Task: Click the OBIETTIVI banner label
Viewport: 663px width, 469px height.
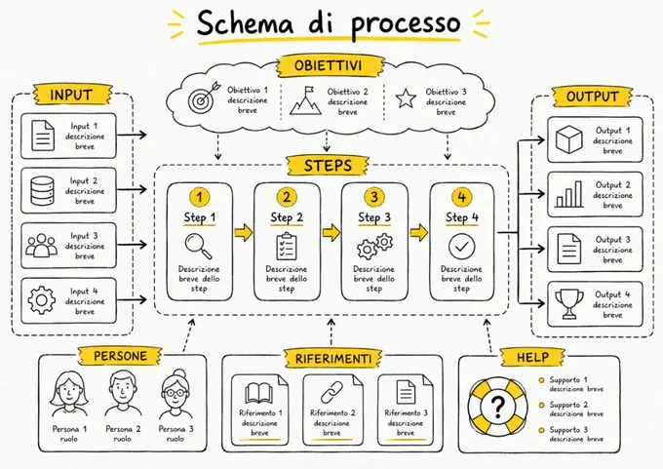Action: pyautogui.click(x=328, y=65)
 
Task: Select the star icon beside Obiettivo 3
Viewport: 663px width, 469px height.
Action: pyautogui.click(x=406, y=98)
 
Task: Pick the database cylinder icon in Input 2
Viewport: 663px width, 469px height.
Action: pyautogui.click(x=42, y=191)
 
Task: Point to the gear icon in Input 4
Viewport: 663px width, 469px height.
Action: pyautogui.click(x=41, y=300)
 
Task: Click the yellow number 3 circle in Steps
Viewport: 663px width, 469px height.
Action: pyautogui.click(x=374, y=197)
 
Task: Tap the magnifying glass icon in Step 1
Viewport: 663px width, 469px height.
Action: pyautogui.click(x=198, y=246)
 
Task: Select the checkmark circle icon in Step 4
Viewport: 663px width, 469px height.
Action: pyautogui.click(x=462, y=246)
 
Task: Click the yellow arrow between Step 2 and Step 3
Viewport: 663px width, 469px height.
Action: pyautogui.click(x=331, y=232)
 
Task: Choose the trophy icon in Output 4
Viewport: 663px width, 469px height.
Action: pyautogui.click(x=569, y=303)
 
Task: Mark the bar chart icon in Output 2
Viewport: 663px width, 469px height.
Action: pyautogui.click(x=569, y=195)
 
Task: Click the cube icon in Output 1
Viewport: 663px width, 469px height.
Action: pyautogui.click(x=569, y=140)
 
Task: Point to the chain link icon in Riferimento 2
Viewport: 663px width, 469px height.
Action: pyautogui.click(x=331, y=392)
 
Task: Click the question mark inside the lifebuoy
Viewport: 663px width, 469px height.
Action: pyautogui.click(x=498, y=406)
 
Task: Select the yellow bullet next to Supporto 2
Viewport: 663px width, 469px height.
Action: pyautogui.click(x=541, y=406)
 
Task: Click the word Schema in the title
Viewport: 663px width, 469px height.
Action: pyautogui.click(x=245, y=23)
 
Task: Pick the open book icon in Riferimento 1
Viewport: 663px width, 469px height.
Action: pyautogui.click(x=259, y=393)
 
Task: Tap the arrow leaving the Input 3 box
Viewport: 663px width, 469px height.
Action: pyautogui.click(x=132, y=245)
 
